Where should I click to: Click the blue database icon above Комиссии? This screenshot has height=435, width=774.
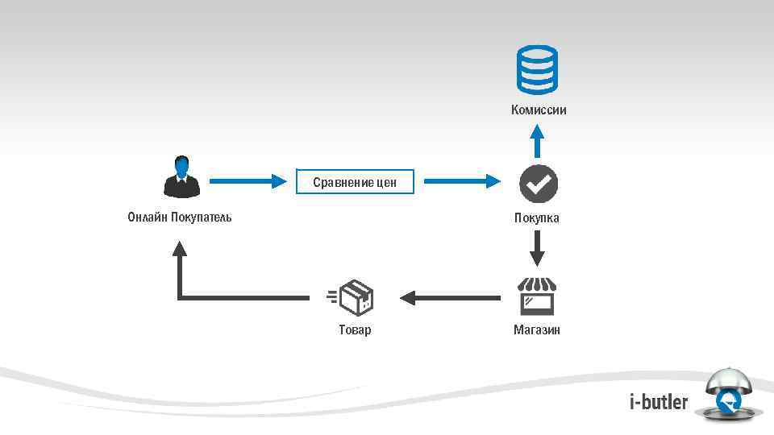pyautogui.click(x=537, y=70)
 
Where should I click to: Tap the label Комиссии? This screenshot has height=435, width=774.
pyautogui.click(x=538, y=110)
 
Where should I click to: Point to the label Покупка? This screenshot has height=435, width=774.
pyautogui.click(x=537, y=218)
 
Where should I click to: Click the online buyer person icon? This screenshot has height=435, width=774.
pyautogui.click(x=181, y=176)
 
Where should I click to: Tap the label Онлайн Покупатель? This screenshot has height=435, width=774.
pyautogui.click(x=180, y=217)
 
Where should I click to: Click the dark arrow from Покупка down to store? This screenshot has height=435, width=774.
pyautogui.click(x=537, y=248)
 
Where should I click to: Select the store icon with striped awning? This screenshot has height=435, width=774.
pyautogui.click(x=537, y=296)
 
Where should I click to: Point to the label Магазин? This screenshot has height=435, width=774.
pyautogui.click(x=537, y=330)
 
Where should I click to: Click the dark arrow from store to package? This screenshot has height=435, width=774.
pyautogui.click(x=449, y=298)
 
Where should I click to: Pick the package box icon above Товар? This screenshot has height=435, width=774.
pyautogui.click(x=353, y=298)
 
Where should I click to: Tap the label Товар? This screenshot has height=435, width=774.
pyautogui.click(x=355, y=330)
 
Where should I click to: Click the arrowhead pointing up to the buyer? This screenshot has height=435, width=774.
pyautogui.click(x=180, y=247)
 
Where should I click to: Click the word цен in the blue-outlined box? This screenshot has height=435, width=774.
pyautogui.click(x=385, y=183)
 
